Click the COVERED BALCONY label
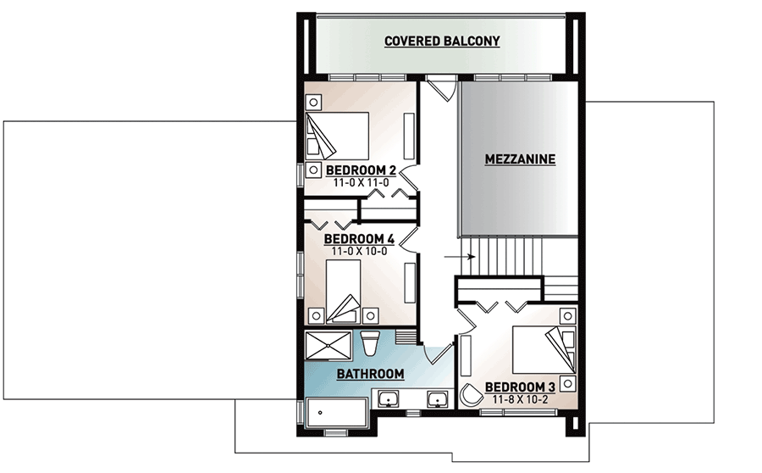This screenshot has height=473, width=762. pos(442,41)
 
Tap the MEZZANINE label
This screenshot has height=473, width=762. pos(519,159)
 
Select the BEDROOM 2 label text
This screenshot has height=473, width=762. pos(362,170)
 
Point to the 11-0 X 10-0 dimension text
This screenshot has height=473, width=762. pos(360,252)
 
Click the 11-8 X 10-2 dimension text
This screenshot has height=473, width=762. pos(519,399)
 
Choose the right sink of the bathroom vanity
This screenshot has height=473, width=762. pos(437,400)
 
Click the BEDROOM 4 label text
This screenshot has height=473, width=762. pos(360,240)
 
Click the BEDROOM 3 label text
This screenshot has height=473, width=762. pos(520,387)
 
